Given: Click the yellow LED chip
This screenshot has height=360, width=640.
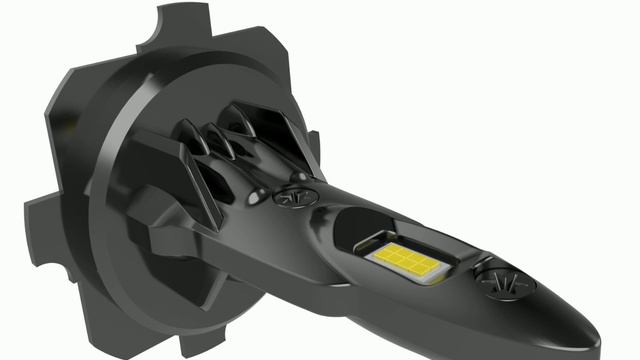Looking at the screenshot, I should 407,262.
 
